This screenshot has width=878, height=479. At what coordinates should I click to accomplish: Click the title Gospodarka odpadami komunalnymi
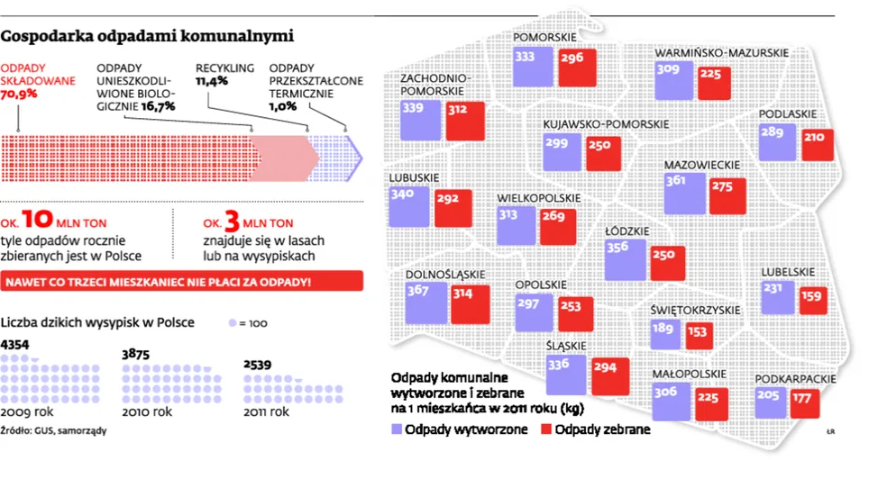(x=148, y=38)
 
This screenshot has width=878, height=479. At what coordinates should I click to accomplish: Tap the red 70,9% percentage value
(x=19, y=94)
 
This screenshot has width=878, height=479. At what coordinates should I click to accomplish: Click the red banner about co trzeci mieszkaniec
(x=183, y=281)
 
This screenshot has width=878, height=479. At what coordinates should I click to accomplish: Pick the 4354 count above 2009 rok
(x=16, y=345)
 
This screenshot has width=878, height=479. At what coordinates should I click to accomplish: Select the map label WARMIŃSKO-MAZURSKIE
(x=722, y=54)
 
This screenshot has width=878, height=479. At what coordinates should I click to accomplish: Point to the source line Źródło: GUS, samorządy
(x=53, y=430)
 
